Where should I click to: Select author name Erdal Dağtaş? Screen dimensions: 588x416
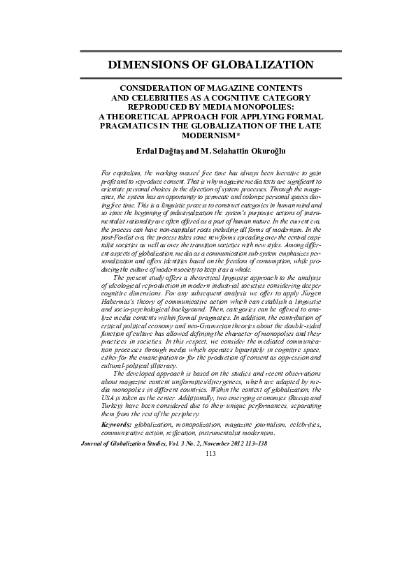pyautogui.click(x=162, y=151)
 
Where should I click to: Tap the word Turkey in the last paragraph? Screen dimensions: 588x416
pyautogui.click(x=115, y=406)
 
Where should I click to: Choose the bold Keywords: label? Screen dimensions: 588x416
pyautogui.click(x=116, y=424)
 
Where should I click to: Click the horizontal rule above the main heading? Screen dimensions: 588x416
pyautogui.click(x=209, y=52)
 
